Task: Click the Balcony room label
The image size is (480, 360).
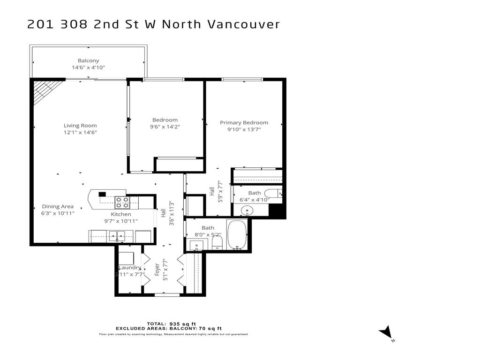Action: point(88,60)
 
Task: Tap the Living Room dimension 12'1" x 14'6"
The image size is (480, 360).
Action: point(80,132)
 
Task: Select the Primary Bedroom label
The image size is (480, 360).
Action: point(244,123)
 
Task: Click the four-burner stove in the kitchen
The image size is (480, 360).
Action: point(122,202)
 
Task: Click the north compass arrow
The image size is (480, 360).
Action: point(386,332)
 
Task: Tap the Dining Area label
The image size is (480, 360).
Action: point(58,206)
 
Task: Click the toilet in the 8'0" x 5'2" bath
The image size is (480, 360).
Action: point(217,242)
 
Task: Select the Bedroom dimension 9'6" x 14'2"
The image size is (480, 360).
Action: point(165,127)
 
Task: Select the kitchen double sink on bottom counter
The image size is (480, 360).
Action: point(116,236)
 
